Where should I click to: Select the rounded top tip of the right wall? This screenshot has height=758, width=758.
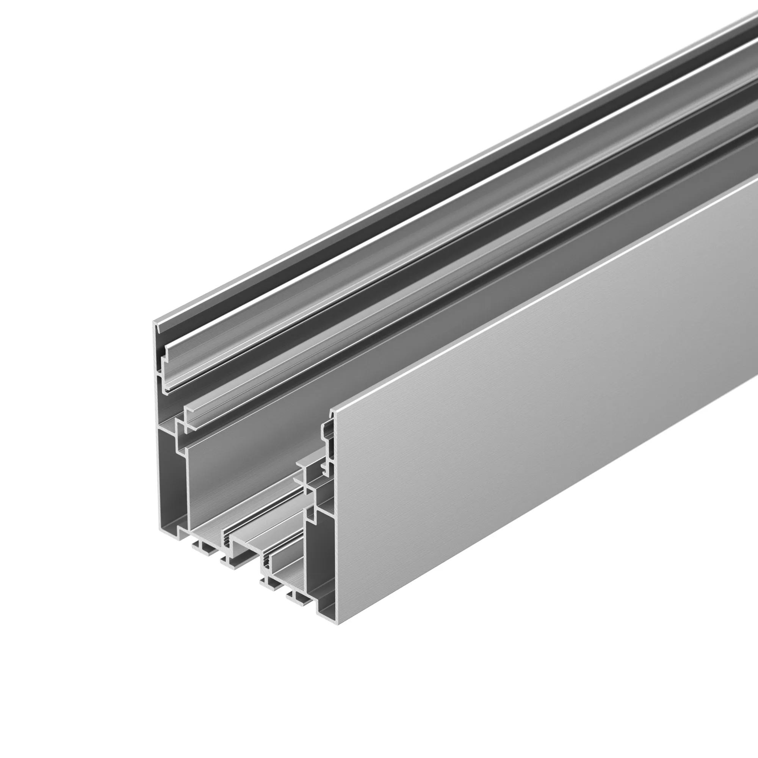click(x=332, y=412)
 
